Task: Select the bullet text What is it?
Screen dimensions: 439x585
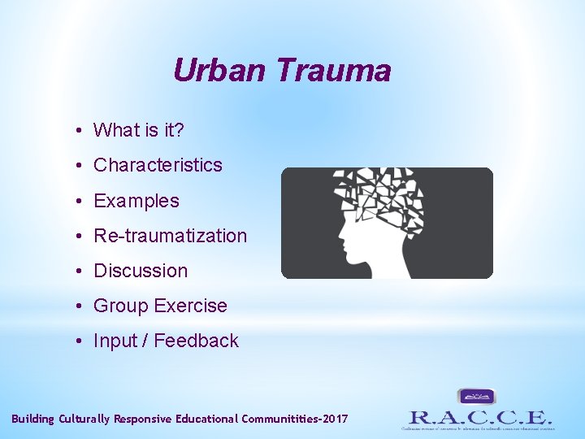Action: tap(139, 130)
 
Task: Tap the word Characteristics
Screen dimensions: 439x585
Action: tap(158, 165)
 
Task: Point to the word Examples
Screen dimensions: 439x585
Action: tap(136, 201)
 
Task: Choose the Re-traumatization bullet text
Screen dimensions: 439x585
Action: tap(170, 236)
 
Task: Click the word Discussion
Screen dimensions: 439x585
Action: tap(141, 271)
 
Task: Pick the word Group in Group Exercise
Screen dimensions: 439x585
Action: tap(121, 306)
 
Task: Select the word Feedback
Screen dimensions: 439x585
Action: tap(196, 341)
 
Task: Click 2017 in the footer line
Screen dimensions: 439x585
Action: tap(335, 419)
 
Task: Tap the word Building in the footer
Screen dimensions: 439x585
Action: tap(32, 419)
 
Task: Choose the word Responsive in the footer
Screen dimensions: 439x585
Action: tap(145, 419)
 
